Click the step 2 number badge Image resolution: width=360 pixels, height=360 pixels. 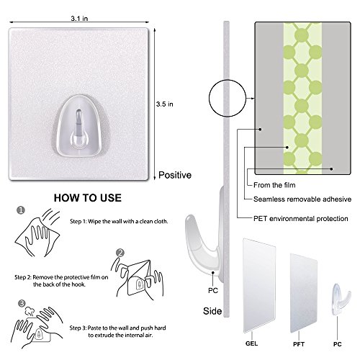tap(120, 253)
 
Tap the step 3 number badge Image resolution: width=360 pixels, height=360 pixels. tap(24, 305)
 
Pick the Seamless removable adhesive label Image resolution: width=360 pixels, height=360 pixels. tap(302, 199)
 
